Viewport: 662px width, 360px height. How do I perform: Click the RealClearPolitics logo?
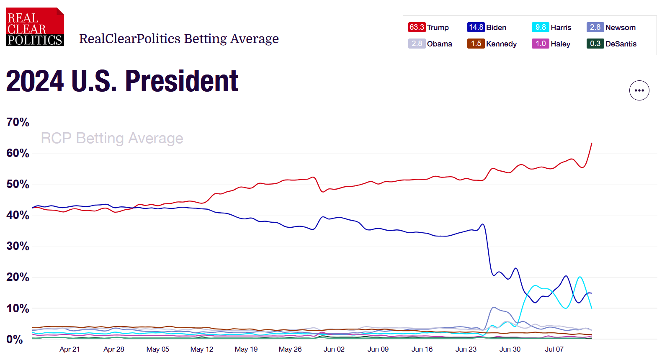[x=35, y=27]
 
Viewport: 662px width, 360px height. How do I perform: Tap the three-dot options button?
[x=639, y=90]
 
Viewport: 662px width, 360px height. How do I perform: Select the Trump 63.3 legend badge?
[x=417, y=27]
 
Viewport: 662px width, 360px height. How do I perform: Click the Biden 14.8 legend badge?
[x=476, y=27]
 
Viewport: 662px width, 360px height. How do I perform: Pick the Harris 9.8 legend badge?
[x=540, y=27]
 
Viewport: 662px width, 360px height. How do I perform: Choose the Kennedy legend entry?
[x=492, y=44]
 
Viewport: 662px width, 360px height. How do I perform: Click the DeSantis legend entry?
[x=611, y=44]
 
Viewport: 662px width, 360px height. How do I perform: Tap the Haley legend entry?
[x=551, y=44]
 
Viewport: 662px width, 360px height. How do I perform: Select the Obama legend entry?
[x=430, y=44]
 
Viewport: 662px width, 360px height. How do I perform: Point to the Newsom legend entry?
[x=611, y=27]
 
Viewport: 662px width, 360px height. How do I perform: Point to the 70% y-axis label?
[x=18, y=122]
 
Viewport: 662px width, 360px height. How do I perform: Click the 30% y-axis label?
[x=18, y=246]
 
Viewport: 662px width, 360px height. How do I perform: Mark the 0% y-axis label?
[x=15, y=339]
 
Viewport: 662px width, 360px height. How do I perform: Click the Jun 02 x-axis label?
[x=334, y=350]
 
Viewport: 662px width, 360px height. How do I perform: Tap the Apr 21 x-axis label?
[x=70, y=350]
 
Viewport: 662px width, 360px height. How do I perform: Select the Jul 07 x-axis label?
[x=554, y=350]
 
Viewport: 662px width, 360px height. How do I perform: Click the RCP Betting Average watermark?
[x=112, y=138]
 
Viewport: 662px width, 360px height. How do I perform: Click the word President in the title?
[x=182, y=81]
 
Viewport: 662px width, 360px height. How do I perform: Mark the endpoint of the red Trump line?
[x=592, y=143]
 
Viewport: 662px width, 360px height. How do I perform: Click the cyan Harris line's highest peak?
[x=580, y=277]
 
